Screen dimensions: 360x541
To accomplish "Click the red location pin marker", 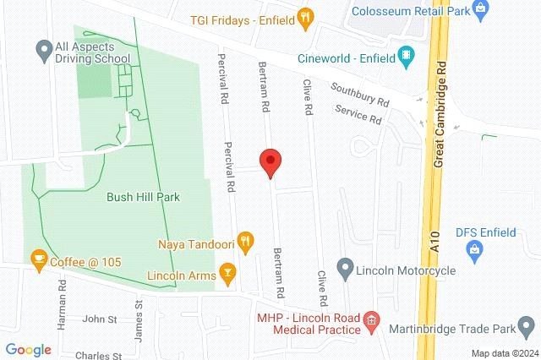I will click(x=270, y=161).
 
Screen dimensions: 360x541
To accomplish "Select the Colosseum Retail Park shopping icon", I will click(x=481, y=10).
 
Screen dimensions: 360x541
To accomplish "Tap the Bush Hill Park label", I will click(x=144, y=197).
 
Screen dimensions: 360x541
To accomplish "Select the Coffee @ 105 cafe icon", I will click(x=38, y=258).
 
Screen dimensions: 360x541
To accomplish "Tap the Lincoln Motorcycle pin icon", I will click(x=345, y=270).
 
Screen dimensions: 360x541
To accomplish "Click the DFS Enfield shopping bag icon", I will click(x=474, y=250).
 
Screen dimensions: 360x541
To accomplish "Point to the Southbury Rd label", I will click(x=360, y=94).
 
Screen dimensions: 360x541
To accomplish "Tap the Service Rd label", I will click(x=358, y=115).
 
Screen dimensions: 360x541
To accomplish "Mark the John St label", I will click(x=100, y=319).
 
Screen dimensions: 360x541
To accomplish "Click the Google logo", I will click(x=28, y=350).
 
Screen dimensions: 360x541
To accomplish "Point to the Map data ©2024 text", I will click(x=504, y=353).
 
